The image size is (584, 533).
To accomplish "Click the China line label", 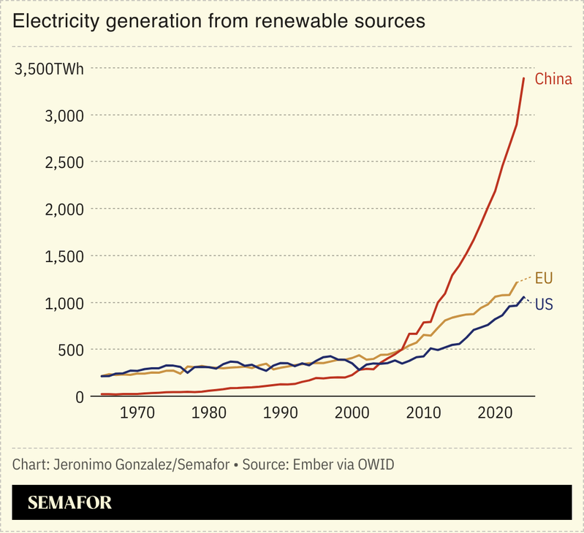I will point(553,79).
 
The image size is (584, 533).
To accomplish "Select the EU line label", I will point(544,278).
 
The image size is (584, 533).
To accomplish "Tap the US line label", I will point(544,304).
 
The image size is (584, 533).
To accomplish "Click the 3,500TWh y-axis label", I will point(50,70).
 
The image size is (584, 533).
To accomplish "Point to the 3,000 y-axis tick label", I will point(64,115).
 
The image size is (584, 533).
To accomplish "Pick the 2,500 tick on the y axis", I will point(64,162).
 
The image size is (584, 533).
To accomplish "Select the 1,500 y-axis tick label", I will point(64,256).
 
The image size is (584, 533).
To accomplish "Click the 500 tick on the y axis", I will point(71,350).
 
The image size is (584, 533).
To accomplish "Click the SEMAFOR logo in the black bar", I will point(69,503).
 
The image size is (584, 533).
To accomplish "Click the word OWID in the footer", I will point(375,465).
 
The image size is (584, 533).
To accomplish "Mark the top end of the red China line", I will point(524,78).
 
